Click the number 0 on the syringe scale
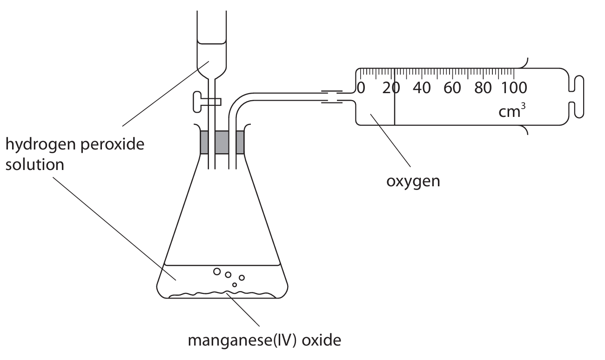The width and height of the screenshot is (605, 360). [362, 88]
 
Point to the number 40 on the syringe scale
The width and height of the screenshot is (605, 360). [422, 88]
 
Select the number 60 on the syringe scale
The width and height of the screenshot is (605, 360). [452, 88]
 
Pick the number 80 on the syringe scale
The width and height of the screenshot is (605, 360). [483, 88]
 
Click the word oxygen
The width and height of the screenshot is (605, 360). [413, 180]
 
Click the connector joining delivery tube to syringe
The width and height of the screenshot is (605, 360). [332, 96]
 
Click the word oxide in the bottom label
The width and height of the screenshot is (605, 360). [322, 340]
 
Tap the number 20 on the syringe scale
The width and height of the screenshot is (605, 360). [390, 88]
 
